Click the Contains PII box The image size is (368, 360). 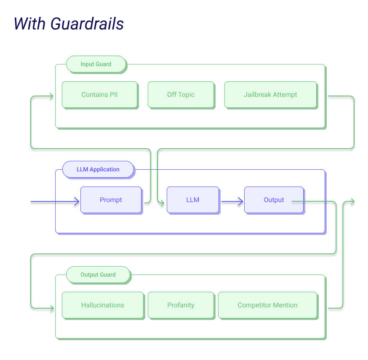click(100, 95)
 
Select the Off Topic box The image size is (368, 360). click(181, 95)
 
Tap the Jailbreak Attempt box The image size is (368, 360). click(271, 95)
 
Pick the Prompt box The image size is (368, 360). click(112, 200)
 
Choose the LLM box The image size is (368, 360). click(193, 200)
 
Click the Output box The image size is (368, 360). click(275, 200)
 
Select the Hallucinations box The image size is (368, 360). click(103, 306)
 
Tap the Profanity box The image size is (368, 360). click(181, 306)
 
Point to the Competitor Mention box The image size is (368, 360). click(268, 306)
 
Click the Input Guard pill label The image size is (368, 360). click(96, 64)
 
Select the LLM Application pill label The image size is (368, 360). click(99, 170)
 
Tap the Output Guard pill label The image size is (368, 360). click(99, 275)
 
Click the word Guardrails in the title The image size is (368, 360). click(87, 24)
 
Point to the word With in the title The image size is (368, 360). click(29, 24)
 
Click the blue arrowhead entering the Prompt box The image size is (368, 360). click(77, 201)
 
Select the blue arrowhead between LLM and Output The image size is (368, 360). click(240, 201)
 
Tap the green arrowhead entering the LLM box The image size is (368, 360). click(162, 203)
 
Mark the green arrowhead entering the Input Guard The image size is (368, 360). click(51, 96)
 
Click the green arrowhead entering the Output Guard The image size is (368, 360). click(52, 308)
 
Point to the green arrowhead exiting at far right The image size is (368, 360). click(352, 201)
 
